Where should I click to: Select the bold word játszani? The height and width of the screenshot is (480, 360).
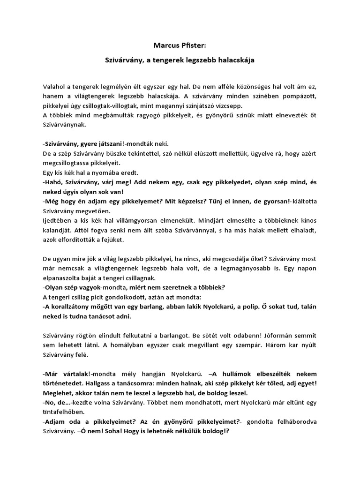pyautogui.click(x=102, y=143)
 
